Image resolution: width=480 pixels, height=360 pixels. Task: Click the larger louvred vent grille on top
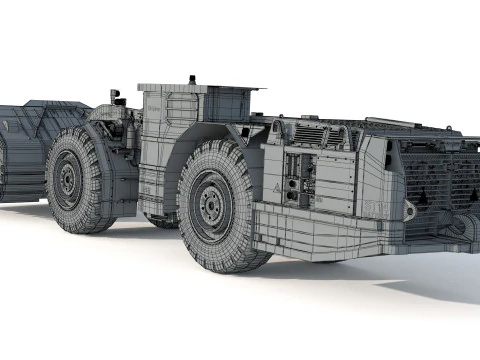pyautogui.click(x=310, y=134)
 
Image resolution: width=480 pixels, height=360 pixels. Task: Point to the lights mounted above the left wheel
pyautogui.click(x=118, y=97)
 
